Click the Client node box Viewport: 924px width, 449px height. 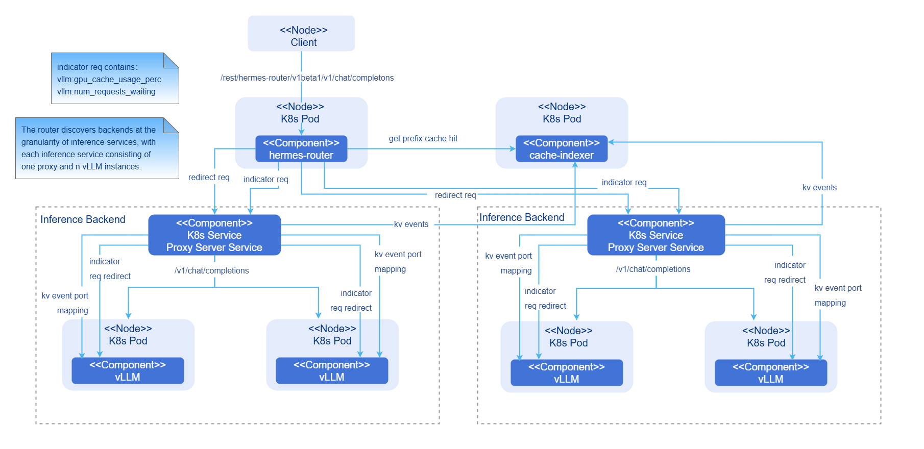tap(301, 34)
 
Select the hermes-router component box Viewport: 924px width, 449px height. tap(301, 149)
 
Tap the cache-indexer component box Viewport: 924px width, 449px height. tap(562, 149)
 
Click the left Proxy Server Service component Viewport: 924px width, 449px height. tap(214, 235)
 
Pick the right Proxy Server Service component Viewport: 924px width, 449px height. tap(656, 235)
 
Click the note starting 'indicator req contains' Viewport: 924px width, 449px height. tap(114, 79)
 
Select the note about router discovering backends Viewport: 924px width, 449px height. tap(97, 148)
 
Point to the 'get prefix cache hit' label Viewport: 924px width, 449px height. tap(423, 139)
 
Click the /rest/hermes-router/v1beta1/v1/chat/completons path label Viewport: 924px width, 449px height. tap(307, 78)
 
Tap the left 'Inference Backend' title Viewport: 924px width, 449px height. tap(83, 219)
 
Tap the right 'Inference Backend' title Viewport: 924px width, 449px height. tap(522, 217)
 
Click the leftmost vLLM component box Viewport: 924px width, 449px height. tap(128, 371)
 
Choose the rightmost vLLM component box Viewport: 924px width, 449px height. tap(771, 373)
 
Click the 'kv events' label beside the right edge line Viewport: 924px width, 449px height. tap(819, 188)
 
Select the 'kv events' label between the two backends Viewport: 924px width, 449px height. tap(411, 224)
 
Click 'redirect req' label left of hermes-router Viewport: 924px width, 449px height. tap(209, 178)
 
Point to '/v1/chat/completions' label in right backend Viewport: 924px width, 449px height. tap(653, 269)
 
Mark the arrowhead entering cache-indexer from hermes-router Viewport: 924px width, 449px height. tap(513, 149)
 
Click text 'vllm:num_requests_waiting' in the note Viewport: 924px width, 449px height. tap(106, 92)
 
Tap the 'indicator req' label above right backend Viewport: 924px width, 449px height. tap(624, 183)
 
